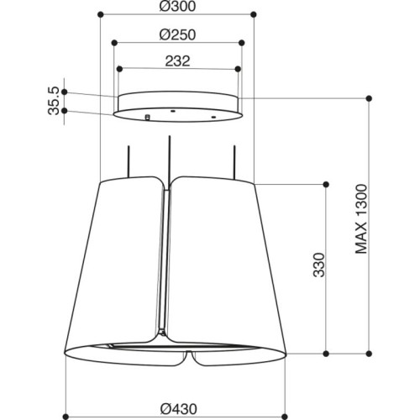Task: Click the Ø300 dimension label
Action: [177, 7]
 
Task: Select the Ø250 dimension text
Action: [177, 35]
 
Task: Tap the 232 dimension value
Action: [177, 61]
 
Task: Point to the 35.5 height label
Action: [54, 101]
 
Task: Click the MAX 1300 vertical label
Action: [361, 219]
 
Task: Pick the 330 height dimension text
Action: [318, 265]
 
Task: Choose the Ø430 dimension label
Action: [179, 409]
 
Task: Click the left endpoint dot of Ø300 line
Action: [101, 14]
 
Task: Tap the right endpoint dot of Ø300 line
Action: [254, 14]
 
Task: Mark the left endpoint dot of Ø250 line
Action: [114, 43]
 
